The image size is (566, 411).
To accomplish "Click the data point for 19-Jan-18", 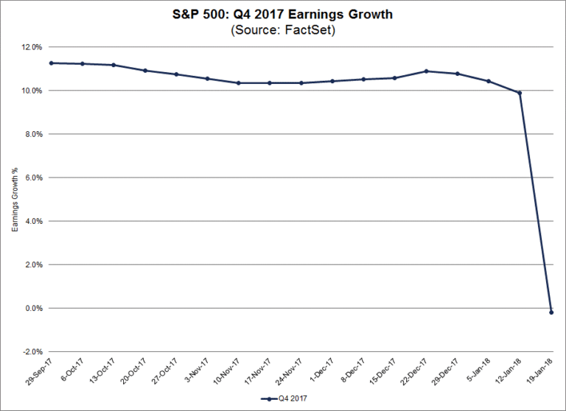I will coord(551,312).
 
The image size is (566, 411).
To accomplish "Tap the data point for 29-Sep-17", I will coord(51,63).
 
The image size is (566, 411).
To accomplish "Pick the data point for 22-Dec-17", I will coord(426,71).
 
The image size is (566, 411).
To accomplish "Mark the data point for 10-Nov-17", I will coord(238,82).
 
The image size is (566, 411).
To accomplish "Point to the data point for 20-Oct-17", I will coord(144,71).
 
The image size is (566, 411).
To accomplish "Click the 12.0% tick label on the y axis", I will coord(32,47).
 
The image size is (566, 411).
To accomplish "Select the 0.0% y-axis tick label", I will coord(34,308).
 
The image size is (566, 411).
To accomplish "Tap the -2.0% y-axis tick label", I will coord(32,351).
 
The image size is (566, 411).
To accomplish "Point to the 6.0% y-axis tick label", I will coord(34,178).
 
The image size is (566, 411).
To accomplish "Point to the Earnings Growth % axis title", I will coord(14,200).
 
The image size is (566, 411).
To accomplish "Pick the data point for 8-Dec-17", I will coord(363,79).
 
